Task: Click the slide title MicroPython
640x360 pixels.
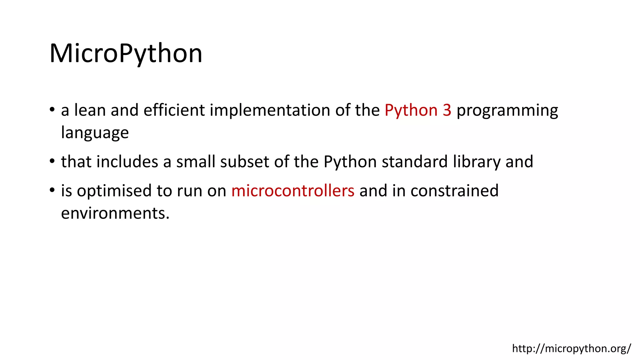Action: click(x=126, y=53)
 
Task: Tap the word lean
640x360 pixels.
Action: click(x=90, y=110)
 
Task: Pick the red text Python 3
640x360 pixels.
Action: click(x=418, y=110)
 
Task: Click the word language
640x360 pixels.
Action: click(x=95, y=133)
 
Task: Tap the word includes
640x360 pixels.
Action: click(x=127, y=162)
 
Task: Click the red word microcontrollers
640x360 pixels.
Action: click(x=293, y=191)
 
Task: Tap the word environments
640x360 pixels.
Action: click(x=115, y=213)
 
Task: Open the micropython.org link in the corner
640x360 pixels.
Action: click(x=571, y=348)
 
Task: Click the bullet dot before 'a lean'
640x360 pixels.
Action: click(x=52, y=110)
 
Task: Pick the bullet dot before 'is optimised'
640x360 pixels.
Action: click(x=52, y=191)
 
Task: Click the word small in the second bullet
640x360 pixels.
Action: click(x=196, y=162)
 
